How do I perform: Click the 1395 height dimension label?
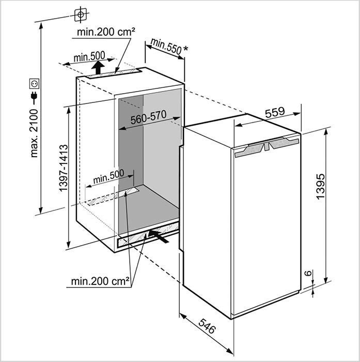(321, 187)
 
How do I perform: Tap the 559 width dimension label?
(275, 112)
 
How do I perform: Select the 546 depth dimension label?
(207, 326)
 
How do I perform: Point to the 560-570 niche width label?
(149, 117)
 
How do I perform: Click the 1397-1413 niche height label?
(64, 168)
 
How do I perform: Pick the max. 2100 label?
(34, 133)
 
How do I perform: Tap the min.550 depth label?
(166, 47)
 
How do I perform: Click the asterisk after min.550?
(185, 49)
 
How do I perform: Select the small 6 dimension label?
(308, 273)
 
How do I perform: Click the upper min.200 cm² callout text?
(106, 32)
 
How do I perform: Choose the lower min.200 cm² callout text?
(100, 281)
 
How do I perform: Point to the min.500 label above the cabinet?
(89, 56)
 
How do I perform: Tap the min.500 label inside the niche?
(108, 177)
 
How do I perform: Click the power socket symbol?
(34, 84)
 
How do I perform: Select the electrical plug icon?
(34, 97)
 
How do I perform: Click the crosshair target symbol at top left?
(81, 15)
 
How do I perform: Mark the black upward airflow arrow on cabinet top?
(98, 67)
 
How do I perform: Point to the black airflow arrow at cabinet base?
(158, 236)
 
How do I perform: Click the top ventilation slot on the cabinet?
(114, 73)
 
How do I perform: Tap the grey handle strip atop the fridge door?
(267, 146)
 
